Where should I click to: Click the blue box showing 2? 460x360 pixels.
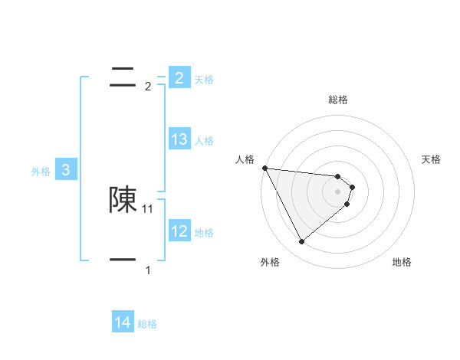179,77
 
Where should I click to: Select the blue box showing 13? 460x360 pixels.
179,139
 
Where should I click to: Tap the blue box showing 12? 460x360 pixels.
179,231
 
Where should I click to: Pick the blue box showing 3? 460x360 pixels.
66,170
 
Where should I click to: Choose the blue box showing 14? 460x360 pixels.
123,322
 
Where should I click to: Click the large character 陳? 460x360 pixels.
123,200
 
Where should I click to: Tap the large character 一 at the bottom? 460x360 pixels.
123,260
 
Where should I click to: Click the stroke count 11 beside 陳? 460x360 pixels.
148,208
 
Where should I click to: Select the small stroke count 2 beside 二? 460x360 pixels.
148,87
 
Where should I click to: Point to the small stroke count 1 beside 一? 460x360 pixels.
148,270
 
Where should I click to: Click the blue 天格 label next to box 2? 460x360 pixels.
204,79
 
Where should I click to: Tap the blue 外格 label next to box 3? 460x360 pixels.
41,172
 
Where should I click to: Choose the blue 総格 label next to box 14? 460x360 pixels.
147,324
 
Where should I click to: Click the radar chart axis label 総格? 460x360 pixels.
338,100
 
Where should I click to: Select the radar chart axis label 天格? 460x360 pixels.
432,159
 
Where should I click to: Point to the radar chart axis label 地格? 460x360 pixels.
402,262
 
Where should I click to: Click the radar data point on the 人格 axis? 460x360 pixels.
264,168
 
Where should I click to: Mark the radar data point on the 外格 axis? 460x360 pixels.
301,241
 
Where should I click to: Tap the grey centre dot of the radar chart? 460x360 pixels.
338,191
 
